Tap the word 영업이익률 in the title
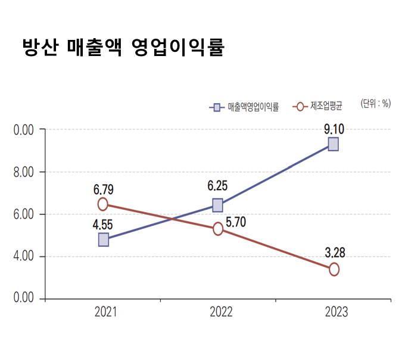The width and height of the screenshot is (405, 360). pyautogui.click(x=176, y=47)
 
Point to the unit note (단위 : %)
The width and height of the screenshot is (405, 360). pyautogui.click(x=375, y=103)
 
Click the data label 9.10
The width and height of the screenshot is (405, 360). pyautogui.click(x=334, y=128)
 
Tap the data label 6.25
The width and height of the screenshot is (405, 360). pyautogui.click(x=217, y=186)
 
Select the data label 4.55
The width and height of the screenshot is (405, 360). pyautogui.click(x=103, y=225)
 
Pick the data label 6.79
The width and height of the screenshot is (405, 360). pyautogui.click(x=103, y=190)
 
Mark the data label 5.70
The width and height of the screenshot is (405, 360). pyautogui.click(x=236, y=222)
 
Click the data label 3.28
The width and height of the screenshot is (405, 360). pyautogui.click(x=335, y=252)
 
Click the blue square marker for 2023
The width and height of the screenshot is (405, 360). pyautogui.click(x=333, y=144)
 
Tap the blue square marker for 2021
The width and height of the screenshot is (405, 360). pyautogui.click(x=103, y=240)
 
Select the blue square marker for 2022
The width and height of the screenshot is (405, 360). pyautogui.click(x=217, y=205)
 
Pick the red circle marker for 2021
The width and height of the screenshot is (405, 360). pyautogui.click(x=102, y=204)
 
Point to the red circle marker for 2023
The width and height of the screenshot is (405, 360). pyautogui.click(x=334, y=269)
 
